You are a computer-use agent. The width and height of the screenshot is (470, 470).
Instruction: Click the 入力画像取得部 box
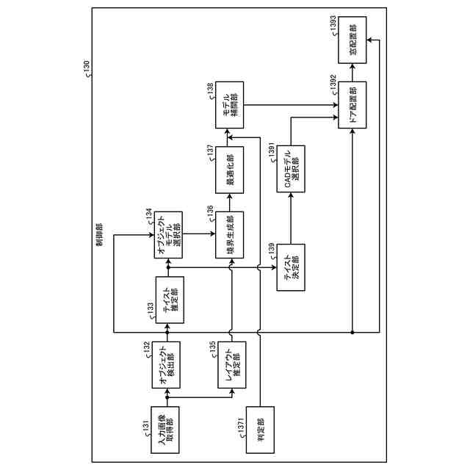[x=168, y=425]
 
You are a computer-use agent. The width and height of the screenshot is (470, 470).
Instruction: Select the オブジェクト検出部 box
[x=168, y=363]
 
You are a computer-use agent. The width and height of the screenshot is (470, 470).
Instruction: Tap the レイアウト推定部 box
[x=232, y=363]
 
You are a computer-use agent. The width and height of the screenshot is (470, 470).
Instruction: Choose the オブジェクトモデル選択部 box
[x=168, y=235]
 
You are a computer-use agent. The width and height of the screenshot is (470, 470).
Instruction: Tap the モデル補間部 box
[x=232, y=107]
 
